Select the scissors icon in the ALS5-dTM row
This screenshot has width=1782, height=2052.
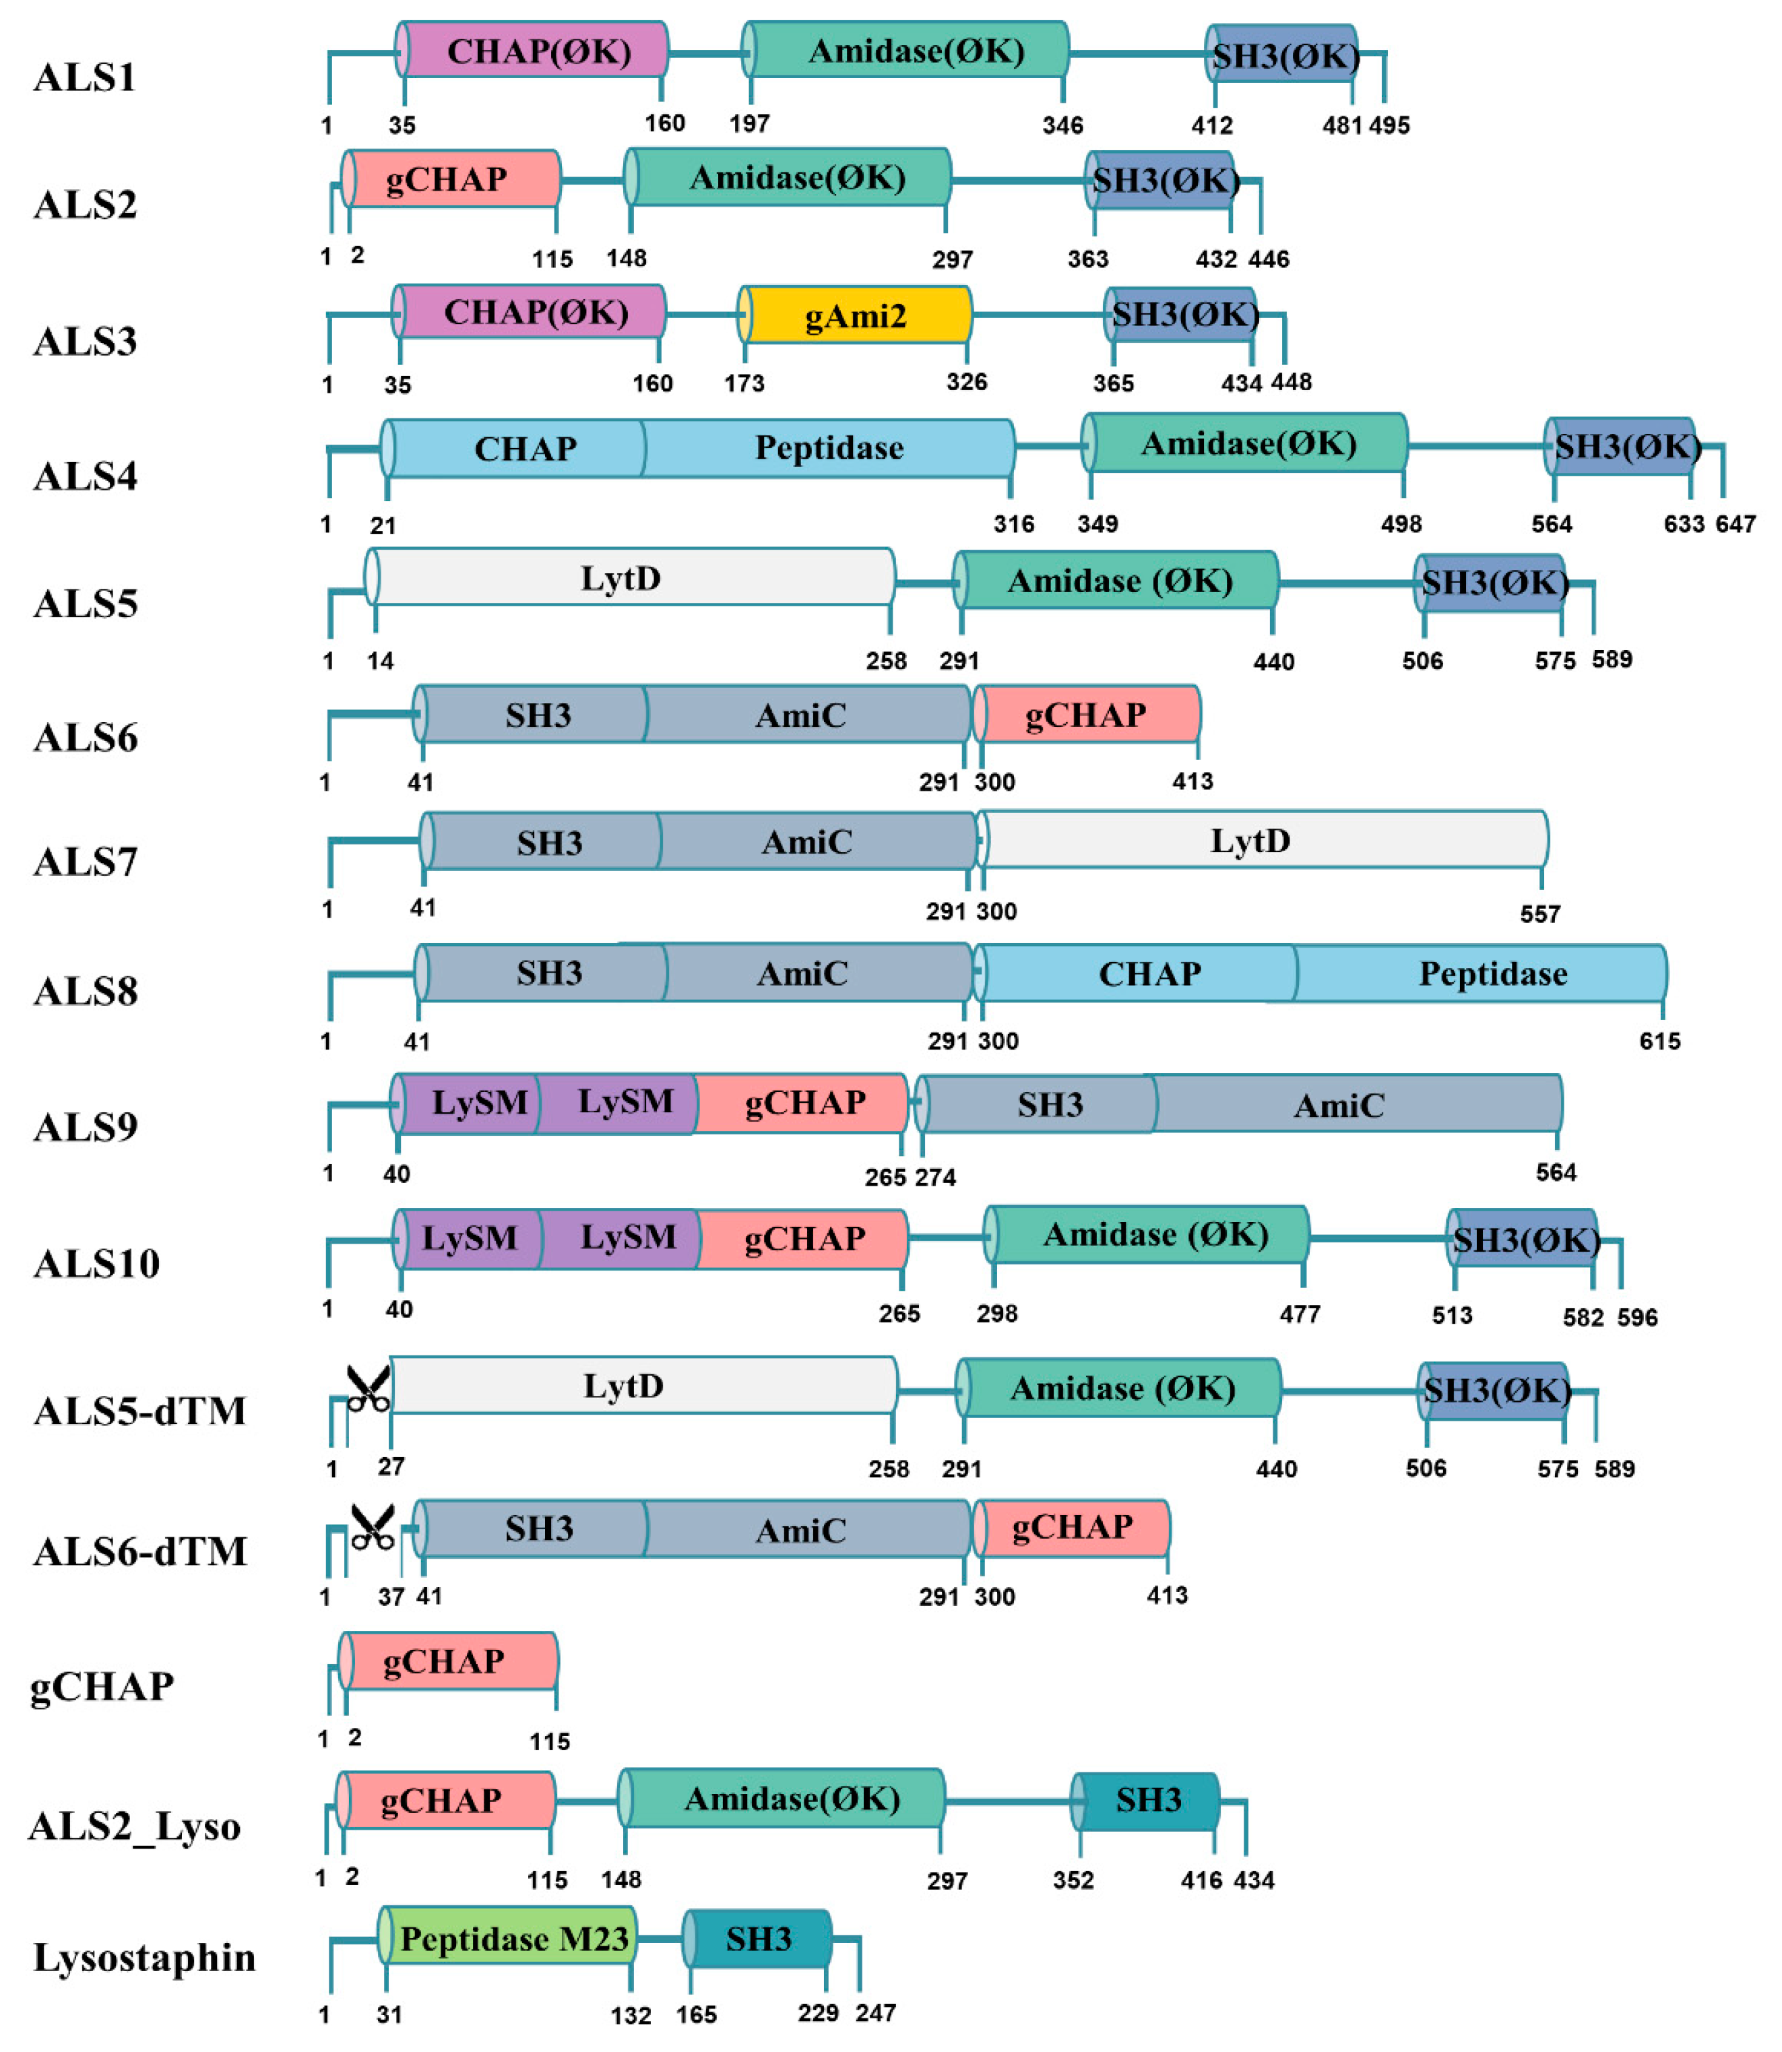pos(367,1389)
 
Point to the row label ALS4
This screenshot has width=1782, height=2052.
pos(86,477)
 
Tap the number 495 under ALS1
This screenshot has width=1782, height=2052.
pos(1389,125)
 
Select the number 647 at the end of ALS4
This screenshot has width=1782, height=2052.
pos(1736,524)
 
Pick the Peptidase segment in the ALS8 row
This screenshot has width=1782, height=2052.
pos(1492,973)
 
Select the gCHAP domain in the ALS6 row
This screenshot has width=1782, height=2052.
pos(1086,715)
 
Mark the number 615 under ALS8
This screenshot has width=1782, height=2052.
pos(1659,1041)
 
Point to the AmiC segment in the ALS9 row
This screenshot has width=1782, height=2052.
pos(1339,1105)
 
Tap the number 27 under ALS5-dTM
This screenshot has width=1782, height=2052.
pos(391,1467)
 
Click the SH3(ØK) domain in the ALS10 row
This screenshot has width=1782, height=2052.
pos(1525,1240)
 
